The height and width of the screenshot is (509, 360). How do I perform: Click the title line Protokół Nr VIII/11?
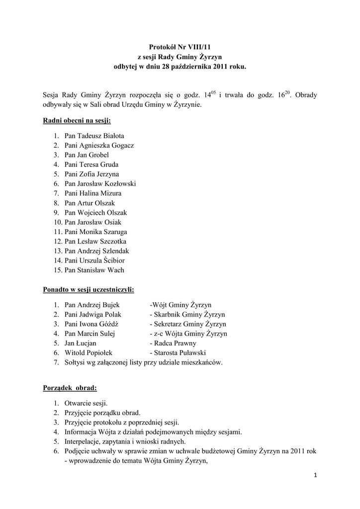(x=180, y=46)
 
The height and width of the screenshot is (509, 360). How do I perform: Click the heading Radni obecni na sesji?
(x=77, y=121)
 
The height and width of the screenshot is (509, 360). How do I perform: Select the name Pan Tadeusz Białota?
(x=94, y=136)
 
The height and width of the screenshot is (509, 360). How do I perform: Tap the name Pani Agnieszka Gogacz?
(x=99, y=146)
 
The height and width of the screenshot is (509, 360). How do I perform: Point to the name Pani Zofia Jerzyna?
(x=91, y=174)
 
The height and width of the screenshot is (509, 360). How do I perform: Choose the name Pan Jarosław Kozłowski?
(x=100, y=184)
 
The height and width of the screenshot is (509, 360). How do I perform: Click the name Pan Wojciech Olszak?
(x=95, y=213)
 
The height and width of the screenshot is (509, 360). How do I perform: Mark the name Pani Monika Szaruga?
(x=95, y=232)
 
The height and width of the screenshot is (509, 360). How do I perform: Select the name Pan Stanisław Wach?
(x=94, y=270)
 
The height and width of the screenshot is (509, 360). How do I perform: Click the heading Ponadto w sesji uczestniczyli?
(x=89, y=290)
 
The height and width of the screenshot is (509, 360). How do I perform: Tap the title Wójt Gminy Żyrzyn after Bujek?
(x=181, y=305)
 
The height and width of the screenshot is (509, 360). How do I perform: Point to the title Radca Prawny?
(x=173, y=343)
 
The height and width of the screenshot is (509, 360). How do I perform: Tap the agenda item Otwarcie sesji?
(x=86, y=403)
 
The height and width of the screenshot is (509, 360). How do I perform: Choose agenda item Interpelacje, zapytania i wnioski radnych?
(x=125, y=441)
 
